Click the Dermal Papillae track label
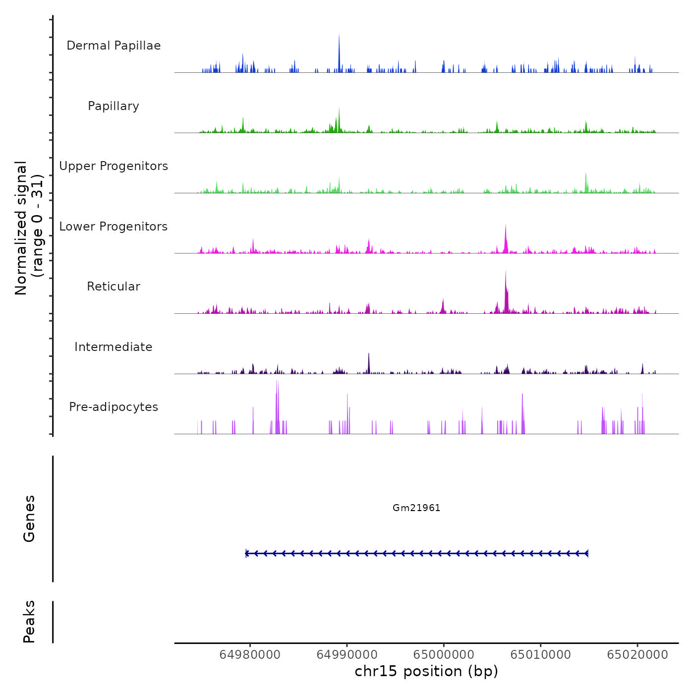pos(114,46)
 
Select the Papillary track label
pos(114,106)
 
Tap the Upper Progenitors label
pos(114,166)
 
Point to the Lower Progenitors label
pos(114,227)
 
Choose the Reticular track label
pos(114,287)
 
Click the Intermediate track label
pos(114,347)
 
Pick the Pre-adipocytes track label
pos(114,407)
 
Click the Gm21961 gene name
pos(416,508)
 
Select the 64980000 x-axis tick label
pos(250,655)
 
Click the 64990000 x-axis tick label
pos(347,655)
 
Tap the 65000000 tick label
pos(444,655)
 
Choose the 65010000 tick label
pos(541,655)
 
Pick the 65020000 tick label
pos(637,655)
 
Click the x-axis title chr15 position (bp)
pos(426,671)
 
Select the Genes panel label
pos(29,519)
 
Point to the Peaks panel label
pos(29,622)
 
